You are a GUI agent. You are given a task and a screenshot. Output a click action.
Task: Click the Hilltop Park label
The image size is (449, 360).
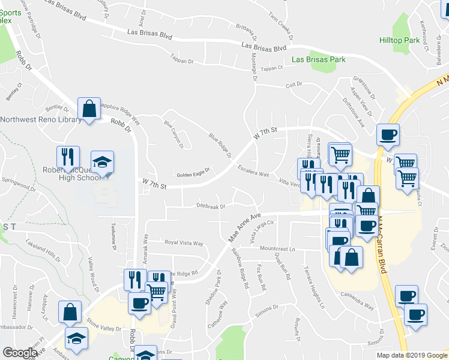tap(399, 40)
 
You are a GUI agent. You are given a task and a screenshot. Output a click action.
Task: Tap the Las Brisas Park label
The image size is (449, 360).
tap(319, 59)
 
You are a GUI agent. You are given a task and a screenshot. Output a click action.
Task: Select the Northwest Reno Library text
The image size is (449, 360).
tap(41, 119)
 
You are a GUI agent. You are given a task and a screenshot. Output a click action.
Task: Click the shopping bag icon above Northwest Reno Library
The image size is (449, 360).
tap(89, 110)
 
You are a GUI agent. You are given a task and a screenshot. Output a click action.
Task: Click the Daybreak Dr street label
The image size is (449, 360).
tap(211, 206)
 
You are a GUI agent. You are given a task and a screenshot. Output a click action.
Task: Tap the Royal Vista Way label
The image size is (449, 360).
tap(185, 244)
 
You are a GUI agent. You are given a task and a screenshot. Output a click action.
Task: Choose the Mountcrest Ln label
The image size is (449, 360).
tap(278, 248)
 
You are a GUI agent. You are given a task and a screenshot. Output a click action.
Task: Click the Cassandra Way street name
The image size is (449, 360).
tap(357, 301)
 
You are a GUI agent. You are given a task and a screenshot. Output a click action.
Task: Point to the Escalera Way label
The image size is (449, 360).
tap(253, 170)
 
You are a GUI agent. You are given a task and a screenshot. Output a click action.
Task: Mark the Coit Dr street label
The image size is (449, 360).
tap(294, 85)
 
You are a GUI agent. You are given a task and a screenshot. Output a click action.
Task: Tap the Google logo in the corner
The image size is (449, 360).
tap(20, 353)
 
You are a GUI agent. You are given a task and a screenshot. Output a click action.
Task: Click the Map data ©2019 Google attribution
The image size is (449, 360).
tap(412, 355)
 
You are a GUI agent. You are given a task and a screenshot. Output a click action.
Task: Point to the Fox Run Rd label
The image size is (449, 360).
tap(261, 277)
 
